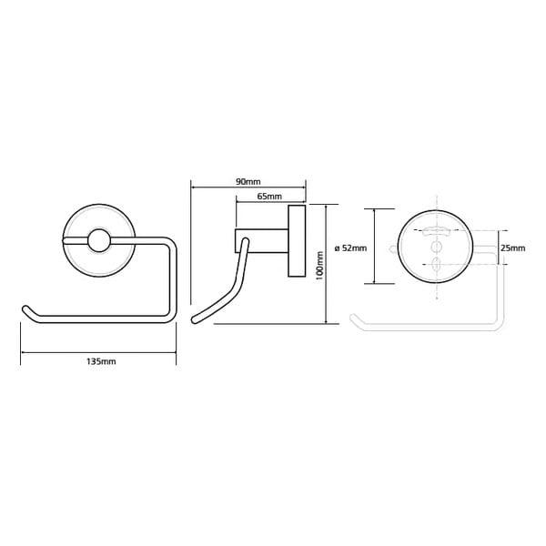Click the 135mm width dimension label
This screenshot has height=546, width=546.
(x=101, y=361)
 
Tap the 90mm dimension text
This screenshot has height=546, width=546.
(x=248, y=182)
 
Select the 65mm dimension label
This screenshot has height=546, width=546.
(x=269, y=197)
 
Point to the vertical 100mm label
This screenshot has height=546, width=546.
(x=320, y=265)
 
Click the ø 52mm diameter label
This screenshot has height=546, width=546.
(x=350, y=248)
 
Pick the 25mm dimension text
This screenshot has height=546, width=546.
(x=513, y=248)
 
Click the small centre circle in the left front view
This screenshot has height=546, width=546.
(x=99, y=240)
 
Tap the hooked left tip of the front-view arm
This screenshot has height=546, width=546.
(x=25, y=309)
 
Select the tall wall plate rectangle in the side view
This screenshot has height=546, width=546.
(x=297, y=241)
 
